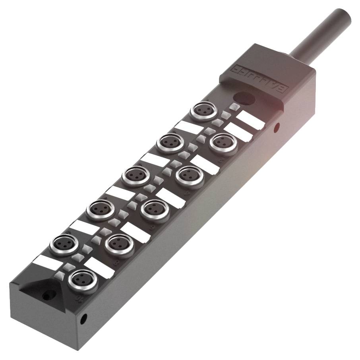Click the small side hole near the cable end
(x=277, y=127)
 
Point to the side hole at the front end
(x=84, y=318)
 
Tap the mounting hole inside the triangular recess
(x=49, y=296)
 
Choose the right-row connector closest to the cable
(x=223, y=143)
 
